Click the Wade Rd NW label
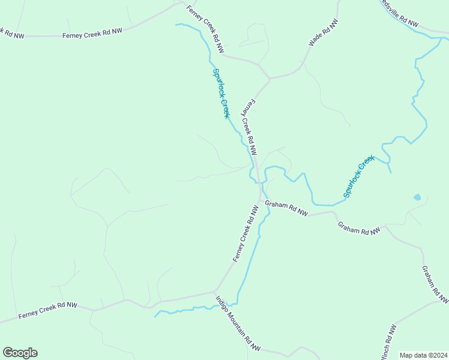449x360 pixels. pos(324,33)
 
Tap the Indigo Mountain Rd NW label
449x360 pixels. pos(238,324)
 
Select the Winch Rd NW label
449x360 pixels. pos(388,343)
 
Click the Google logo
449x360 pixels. pos(20,353)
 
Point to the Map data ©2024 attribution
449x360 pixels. pos(423,355)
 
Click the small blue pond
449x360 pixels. pos(417,197)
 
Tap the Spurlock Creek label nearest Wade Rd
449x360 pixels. pos(221,93)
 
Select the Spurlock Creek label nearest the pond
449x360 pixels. pos(359,176)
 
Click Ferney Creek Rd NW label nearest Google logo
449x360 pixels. pos(48,310)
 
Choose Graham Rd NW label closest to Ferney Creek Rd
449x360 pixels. pos(287,208)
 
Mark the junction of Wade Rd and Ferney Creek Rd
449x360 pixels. pos(270,78)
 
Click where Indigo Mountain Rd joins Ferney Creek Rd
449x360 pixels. pos(215,293)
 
